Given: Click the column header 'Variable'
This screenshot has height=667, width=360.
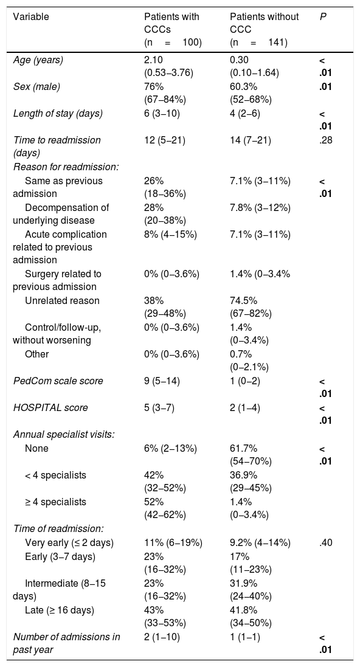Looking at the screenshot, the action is click(x=30, y=17).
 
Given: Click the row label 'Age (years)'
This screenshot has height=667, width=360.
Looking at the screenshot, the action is click(x=38, y=60).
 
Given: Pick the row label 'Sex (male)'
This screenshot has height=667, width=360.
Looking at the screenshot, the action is click(x=36, y=87).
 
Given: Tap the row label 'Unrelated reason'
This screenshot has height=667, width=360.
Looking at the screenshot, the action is click(x=61, y=301).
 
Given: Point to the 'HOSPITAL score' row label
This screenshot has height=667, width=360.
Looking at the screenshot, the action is click(x=50, y=407).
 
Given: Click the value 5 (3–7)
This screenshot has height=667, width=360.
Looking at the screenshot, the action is click(x=159, y=407).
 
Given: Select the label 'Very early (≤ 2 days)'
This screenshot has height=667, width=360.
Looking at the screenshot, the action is click(x=69, y=543).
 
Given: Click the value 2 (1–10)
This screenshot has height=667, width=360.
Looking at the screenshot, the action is click(x=162, y=637).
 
